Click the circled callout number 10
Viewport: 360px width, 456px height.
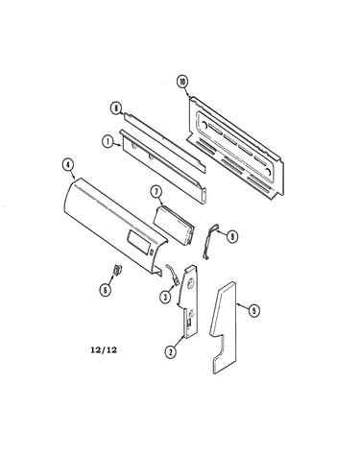[x=182, y=82]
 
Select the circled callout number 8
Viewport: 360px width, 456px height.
[x=115, y=108]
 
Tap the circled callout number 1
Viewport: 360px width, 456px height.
[x=108, y=141]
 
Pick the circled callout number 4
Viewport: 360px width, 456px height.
[x=67, y=165]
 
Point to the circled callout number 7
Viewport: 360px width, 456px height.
[x=156, y=192]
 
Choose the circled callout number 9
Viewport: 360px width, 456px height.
[x=232, y=236]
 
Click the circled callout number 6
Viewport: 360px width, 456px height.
[x=105, y=290]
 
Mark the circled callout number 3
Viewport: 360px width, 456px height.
[x=165, y=298]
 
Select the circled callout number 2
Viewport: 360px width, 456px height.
[x=170, y=352]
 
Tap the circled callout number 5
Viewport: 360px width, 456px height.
[x=253, y=310]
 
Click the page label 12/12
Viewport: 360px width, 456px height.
[x=104, y=349]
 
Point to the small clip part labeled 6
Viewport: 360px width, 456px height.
[x=117, y=270]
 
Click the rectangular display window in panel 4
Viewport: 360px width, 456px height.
[x=139, y=242]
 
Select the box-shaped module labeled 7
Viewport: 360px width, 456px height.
[x=174, y=226]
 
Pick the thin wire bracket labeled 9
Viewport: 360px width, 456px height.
[x=209, y=241]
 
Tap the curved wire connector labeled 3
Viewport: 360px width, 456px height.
[x=173, y=275]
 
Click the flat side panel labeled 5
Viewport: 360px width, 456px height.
[x=224, y=326]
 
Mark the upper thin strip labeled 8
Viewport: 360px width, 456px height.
[x=165, y=142]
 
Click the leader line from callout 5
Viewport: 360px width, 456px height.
[x=242, y=306]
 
